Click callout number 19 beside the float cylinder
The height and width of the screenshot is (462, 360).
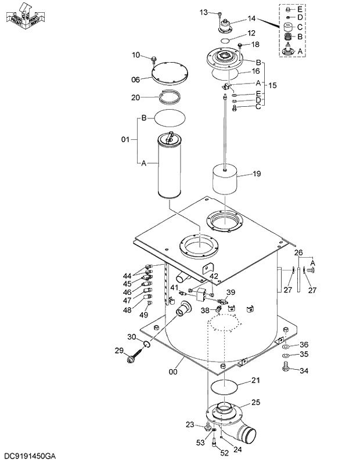pos(257,174)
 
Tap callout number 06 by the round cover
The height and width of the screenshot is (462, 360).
pos(135,80)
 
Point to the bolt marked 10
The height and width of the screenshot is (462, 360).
pos(154,59)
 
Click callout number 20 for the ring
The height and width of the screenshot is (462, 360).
pos(135,98)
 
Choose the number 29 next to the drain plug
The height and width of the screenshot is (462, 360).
pos(119,350)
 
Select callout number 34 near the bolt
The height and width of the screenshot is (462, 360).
pos(304,371)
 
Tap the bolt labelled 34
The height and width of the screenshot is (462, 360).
pos(285,366)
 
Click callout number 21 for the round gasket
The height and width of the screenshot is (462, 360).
pos(256,381)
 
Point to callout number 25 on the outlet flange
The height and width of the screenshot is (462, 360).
pos(255,402)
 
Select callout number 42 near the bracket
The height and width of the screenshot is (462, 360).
pos(214,276)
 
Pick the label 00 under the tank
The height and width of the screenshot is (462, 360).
pos(172,372)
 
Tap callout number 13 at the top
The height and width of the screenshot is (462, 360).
pos(203,12)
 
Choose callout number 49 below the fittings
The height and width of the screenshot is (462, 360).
pos(144,315)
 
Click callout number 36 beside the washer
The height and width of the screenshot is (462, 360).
pos(304,345)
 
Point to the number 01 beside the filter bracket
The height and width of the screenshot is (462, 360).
pos(125,140)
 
